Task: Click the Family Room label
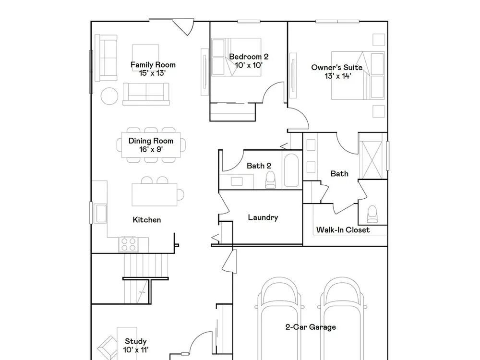click(x=153, y=65)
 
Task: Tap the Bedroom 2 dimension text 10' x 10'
click(x=249, y=65)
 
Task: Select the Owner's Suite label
click(x=337, y=67)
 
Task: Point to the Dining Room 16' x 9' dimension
click(x=151, y=149)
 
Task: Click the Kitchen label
click(x=146, y=220)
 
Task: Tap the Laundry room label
click(x=263, y=217)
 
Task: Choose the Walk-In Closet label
click(x=343, y=230)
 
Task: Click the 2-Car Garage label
click(x=311, y=327)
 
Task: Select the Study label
click(x=136, y=341)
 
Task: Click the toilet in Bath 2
click(x=270, y=180)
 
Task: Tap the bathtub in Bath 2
click(x=291, y=170)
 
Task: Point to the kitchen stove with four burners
click(x=128, y=244)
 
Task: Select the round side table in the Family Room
click(x=109, y=96)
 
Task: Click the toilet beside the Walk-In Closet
click(x=372, y=214)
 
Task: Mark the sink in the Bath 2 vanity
click(x=237, y=181)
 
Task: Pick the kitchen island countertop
click(x=155, y=195)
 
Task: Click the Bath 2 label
click(x=259, y=166)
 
